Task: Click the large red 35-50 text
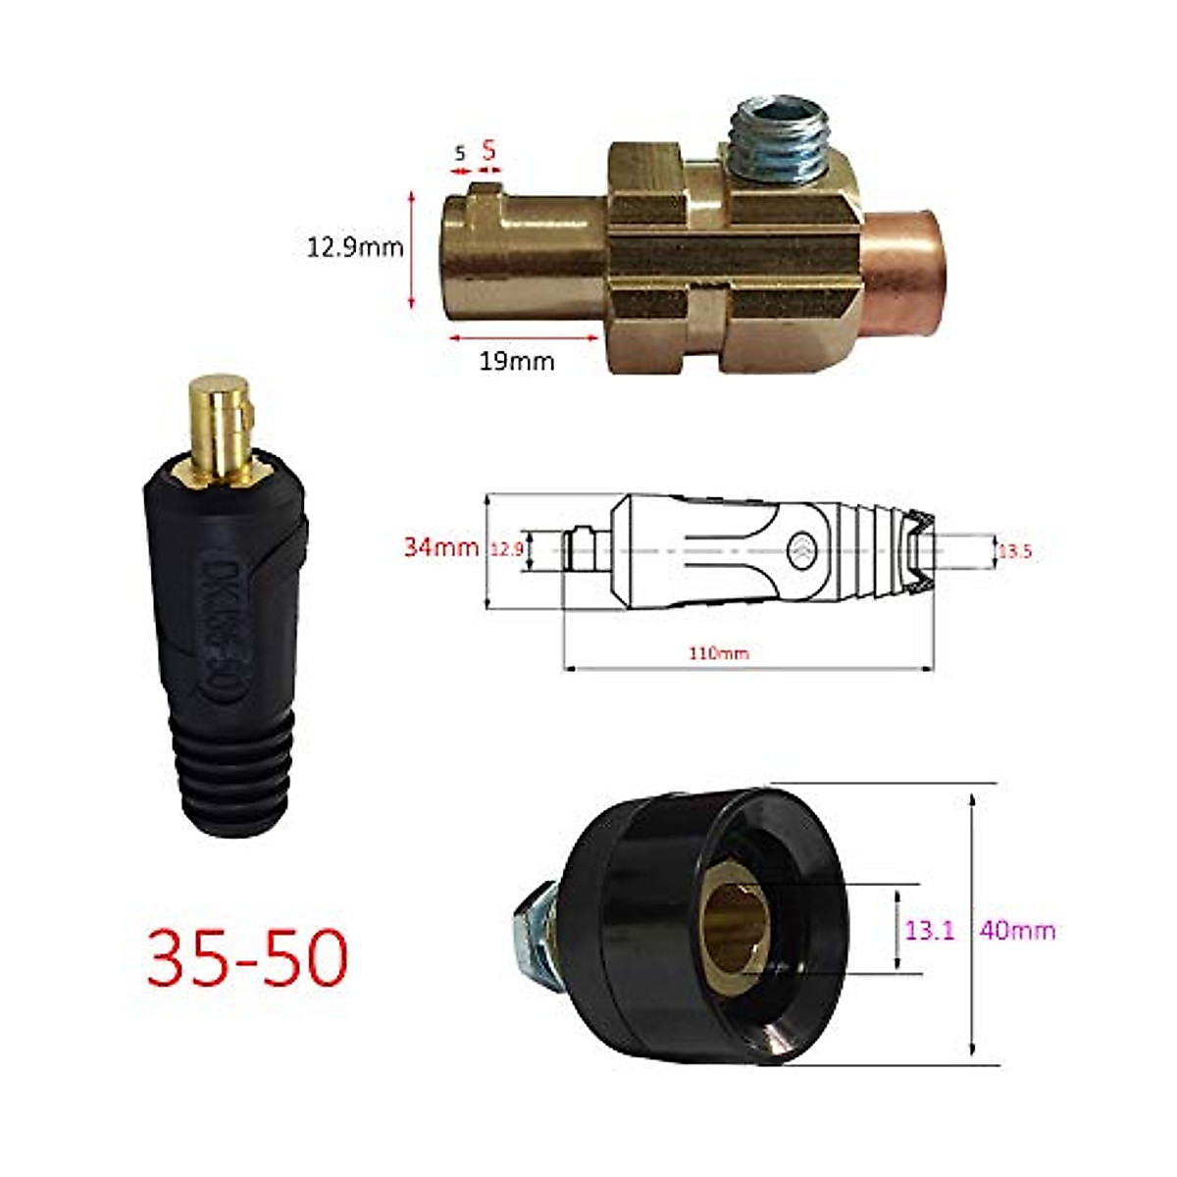(x=247, y=957)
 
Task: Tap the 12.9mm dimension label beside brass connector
(x=355, y=247)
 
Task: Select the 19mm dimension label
(x=516, y=361)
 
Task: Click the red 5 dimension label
(x=488, y=151)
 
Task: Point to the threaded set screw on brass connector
(x=780, y=137)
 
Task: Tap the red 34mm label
(x=441, y=546)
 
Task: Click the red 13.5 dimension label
(x=1014, y=551)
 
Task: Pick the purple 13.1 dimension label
(x=929, y=929)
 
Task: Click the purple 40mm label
(x=1017, y=929)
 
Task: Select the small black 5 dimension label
(x=459, y=153)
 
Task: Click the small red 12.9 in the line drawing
(x=507, y=550)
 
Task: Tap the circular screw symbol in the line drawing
(x=802, y=550)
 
